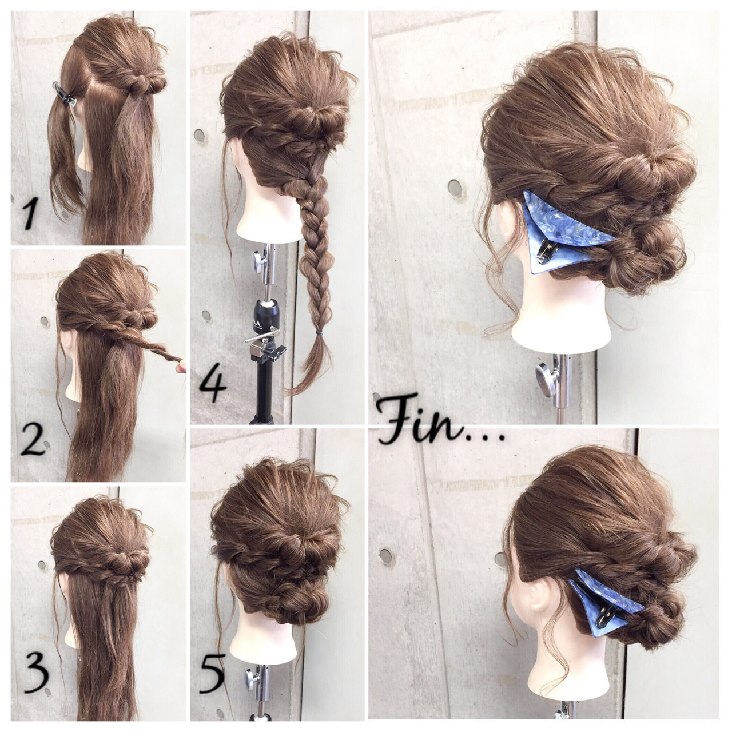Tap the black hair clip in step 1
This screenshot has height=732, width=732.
(x=64, y=93)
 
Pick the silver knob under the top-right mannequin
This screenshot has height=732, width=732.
(x=544, y=376)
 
